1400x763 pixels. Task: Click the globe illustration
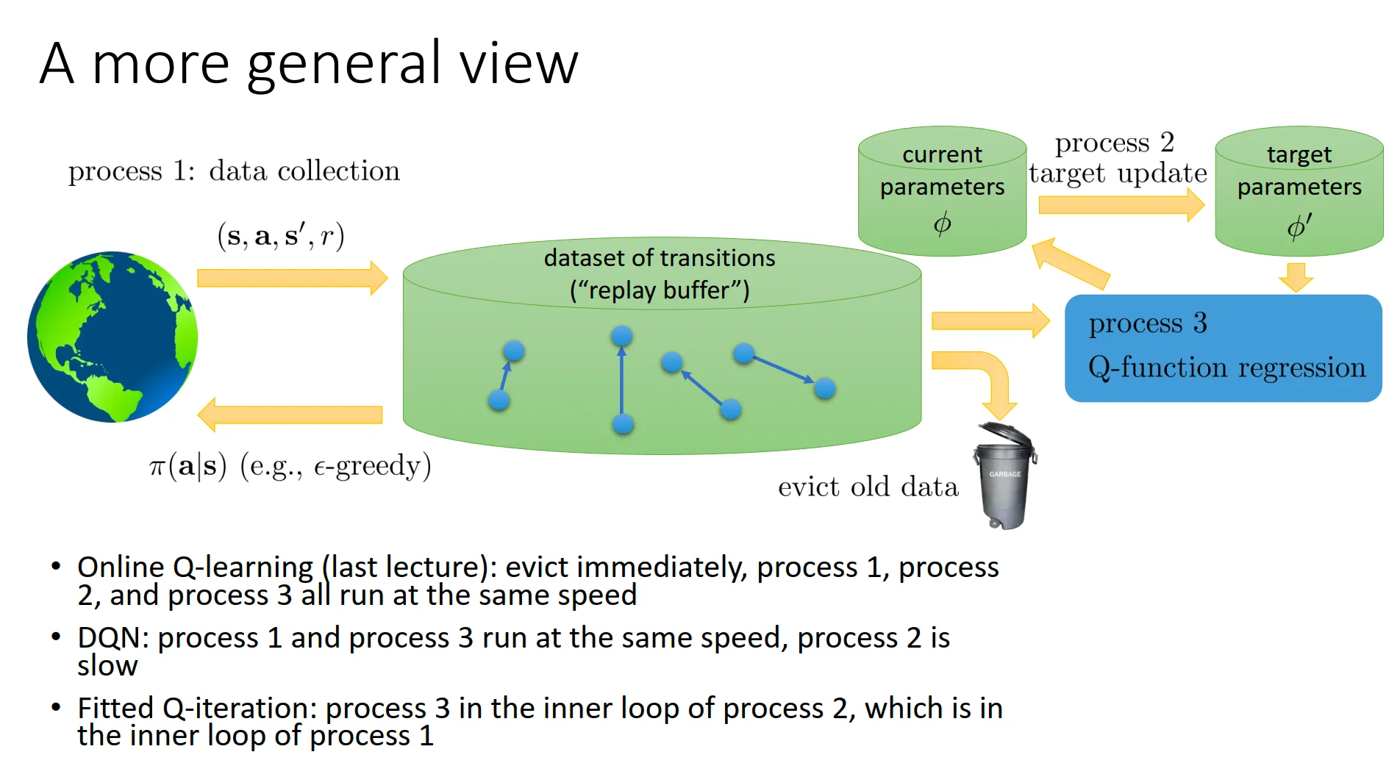pyautogui.click(x=113, y=337)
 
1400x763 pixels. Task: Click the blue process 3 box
pyautogui.click(x=1223, y=348)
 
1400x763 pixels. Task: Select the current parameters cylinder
pyautogui.click(x=942, y=191)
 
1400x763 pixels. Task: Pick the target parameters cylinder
pyautogui.click(x=1299, y=191)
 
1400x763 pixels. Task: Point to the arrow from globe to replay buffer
pyautogui.click(x=292, y=278)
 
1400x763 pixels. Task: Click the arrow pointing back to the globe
pyautogui.click(x=290, y=415)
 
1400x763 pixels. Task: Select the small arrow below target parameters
pyautogui.click(x=1296, y=276)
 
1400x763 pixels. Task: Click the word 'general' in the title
pyautogui.click(x=343, y=65)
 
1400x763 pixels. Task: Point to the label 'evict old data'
pyautogui.click(x=868, y=487)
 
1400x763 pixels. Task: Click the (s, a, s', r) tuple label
pyautogui.click(x=281, y=235)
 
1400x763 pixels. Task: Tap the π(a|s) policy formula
pyautogui.click(x=188, y=467)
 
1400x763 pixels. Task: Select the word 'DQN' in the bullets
pyautogui.click(x=113, y=637)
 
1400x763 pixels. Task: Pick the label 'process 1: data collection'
pyautogui.click(x=234, y=171)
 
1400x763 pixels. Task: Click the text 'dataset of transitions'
pyautogui.click(x=660, y=258)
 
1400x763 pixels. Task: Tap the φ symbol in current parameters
pyautogui.click(x=942, y=223)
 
